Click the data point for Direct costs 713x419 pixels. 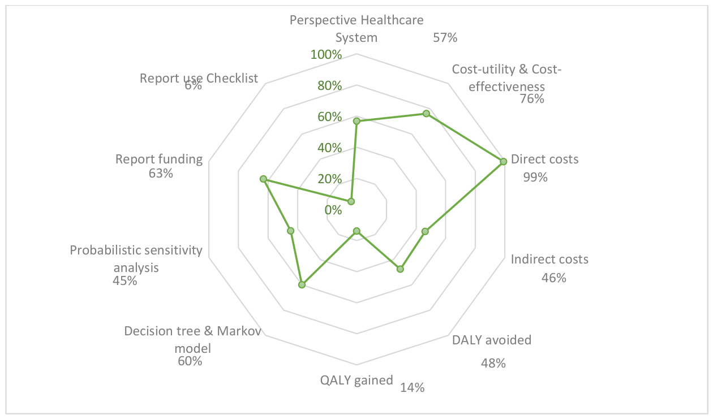point(503,162)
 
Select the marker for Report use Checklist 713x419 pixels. point(351,201)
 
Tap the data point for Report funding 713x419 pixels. point(263,179)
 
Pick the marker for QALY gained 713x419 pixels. point(357,231)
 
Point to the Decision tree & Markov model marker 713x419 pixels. point(302,285)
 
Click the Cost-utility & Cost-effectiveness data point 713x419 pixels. point(426,114)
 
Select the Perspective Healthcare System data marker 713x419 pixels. point(357,121)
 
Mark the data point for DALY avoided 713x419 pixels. point(400,269)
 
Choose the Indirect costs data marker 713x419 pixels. point(425,232)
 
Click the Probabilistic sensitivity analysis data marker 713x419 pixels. point(290,231)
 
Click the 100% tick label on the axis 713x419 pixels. point(327,55)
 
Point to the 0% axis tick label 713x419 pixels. point(333,210)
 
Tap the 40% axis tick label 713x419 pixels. point(330,148)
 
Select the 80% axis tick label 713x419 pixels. point(330,86)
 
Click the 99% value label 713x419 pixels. point(535,177)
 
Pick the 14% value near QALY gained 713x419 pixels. point(412,387)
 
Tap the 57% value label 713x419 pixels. point(445,38)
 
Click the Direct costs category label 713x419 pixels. point(544,159)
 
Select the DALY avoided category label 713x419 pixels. point(492,340)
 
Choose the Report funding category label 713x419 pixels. point(159,159)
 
